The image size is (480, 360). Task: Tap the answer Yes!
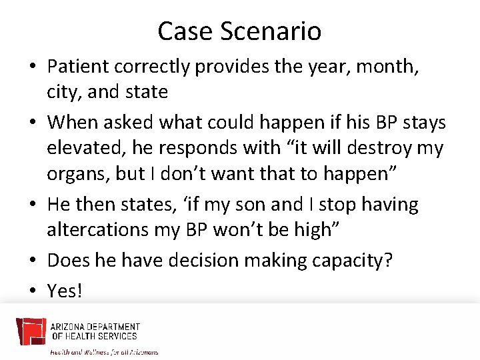(x=64, y=290)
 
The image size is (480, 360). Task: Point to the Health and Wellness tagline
(x=105, y=351)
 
